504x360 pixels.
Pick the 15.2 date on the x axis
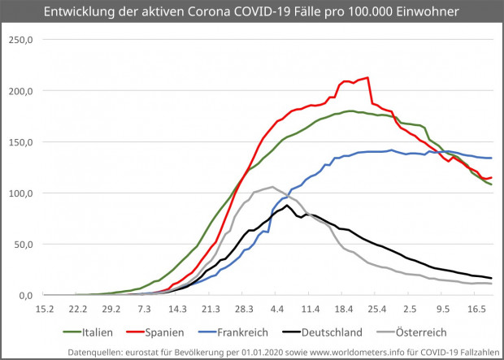pos(45,310)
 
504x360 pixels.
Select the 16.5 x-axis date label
pos(477,310)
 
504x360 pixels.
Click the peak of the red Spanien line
pos(368,78)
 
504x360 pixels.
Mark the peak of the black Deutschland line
pos(288,206)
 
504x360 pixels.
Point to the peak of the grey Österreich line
pos(272,187)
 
